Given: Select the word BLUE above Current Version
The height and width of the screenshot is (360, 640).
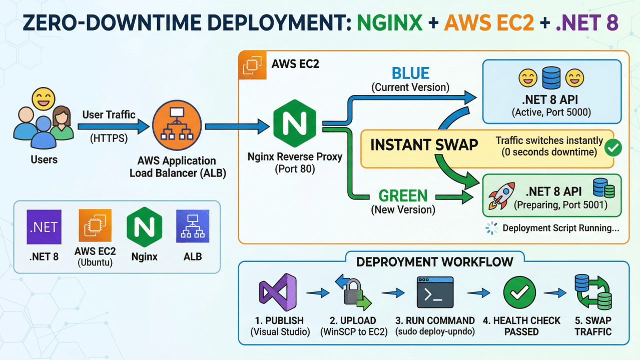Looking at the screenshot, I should click(410, 74).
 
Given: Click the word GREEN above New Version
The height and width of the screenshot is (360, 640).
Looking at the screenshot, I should click(403, 196).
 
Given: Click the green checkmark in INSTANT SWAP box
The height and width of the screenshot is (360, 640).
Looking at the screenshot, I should click(613, 147).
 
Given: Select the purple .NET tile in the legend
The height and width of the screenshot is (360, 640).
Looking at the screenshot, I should click(44, 226).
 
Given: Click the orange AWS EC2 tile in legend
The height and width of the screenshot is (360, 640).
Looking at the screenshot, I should click(95, 226).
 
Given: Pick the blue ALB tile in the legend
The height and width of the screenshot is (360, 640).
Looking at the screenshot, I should click(193, 226).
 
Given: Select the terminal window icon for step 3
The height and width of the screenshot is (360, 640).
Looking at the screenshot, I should click(435, 293).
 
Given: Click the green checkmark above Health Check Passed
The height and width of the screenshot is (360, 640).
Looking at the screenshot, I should click(519, 293).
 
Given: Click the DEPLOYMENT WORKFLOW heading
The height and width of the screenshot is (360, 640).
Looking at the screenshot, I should click(434, 261).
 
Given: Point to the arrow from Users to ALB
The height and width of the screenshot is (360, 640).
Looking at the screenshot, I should click(114, 127).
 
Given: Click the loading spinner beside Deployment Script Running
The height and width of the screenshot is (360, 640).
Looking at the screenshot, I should click(491, 228).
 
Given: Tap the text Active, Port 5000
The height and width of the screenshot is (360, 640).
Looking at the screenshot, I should click(551, 113).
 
